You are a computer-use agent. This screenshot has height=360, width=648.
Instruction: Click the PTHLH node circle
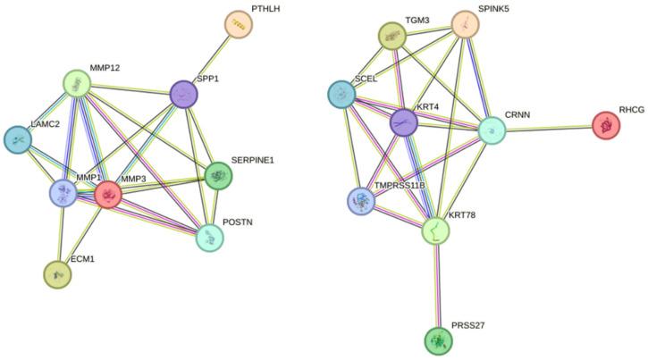pos(238,25)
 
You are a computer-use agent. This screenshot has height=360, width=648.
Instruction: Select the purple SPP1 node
pos(183,93)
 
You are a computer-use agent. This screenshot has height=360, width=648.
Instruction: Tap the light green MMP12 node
pos(80,86)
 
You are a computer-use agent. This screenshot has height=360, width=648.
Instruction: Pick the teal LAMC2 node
pos(18,140)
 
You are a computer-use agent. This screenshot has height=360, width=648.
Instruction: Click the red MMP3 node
pos(108,194)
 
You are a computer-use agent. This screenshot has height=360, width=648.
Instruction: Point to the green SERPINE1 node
pos(218,176)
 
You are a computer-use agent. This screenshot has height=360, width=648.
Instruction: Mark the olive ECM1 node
pos(57,274)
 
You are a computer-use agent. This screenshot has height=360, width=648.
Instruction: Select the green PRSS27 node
pos(438,340)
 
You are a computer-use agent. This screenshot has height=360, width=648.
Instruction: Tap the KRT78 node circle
pos(436,231)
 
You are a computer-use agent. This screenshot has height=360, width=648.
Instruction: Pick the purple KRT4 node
pos(404,122)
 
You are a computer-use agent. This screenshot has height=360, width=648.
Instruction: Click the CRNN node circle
pos(491,130)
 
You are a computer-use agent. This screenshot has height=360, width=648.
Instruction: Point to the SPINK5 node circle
pos(464,25)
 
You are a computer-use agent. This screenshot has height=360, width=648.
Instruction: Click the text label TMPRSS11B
pos(400,185)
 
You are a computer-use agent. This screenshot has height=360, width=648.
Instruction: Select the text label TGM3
pos(417,19)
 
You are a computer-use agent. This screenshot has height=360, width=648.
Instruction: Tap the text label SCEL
pos(366,78)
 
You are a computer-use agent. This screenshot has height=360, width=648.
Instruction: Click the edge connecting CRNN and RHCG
pos(549,129)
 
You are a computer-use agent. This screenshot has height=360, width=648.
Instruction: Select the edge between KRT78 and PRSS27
pos(437,286)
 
